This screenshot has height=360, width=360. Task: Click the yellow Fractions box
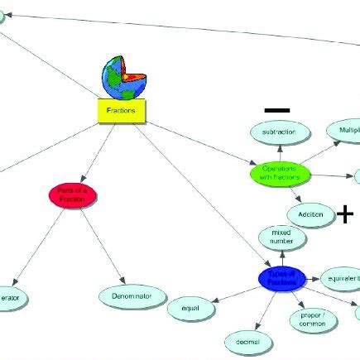pos(121,111)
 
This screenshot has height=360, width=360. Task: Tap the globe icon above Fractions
pos(122,79)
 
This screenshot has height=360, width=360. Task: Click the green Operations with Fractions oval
pos(279,173)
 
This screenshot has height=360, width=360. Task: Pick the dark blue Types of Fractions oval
pos(281,278)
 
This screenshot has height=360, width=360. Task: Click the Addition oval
pos(310,214)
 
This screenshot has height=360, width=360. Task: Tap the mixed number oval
pos(282,238)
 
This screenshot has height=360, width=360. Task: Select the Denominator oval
pos(133,295)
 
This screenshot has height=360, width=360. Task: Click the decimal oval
pos(247,341)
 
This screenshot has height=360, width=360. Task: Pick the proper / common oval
pos(312,320)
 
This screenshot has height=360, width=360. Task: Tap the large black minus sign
pos(277,109)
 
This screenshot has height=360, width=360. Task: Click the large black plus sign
pos(344,215)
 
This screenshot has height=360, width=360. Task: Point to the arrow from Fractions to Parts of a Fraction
pos(98,153)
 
